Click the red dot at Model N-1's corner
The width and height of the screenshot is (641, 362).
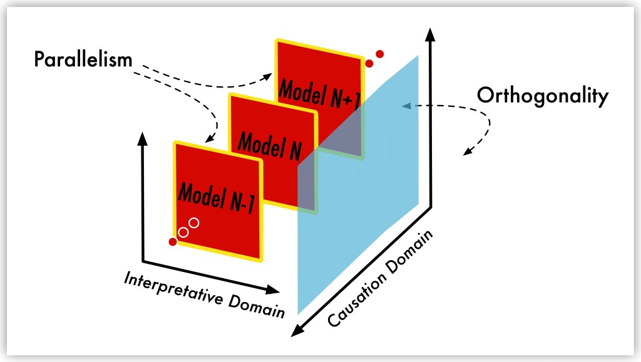(173, 242)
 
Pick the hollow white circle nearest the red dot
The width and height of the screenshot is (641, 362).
(183, 233)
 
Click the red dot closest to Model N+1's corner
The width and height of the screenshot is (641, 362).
(369, 63)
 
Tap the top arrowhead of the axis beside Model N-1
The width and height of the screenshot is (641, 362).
(143, 138)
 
